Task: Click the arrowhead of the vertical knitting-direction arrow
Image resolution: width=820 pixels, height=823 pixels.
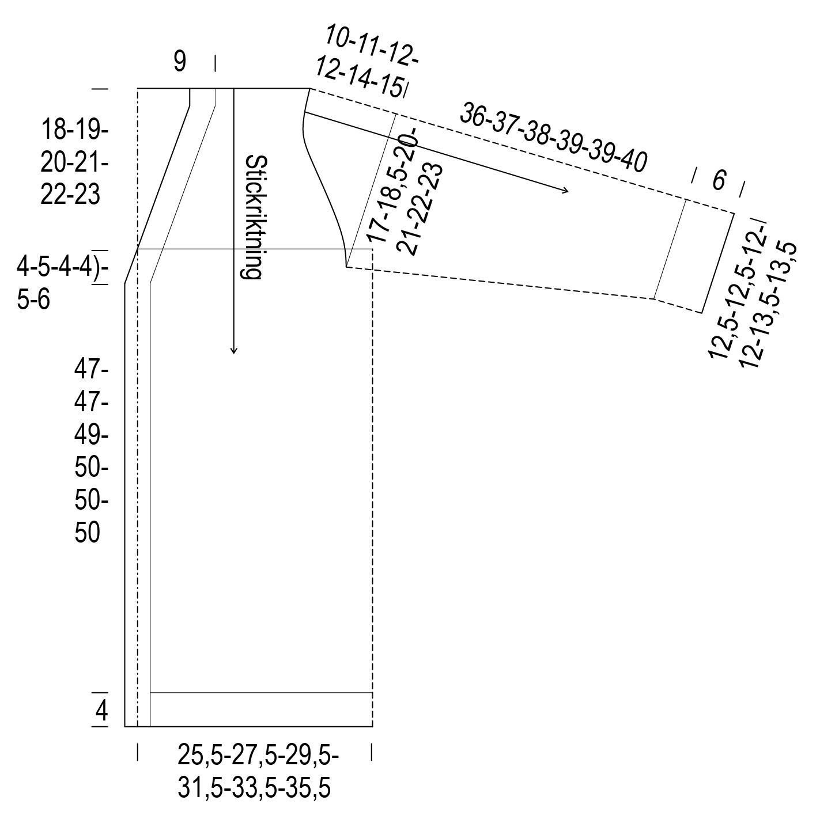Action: coord(233,350)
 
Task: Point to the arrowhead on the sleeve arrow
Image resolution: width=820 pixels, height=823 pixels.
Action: coord(565,190)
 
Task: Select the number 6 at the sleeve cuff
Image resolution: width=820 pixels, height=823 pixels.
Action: coord(719,180)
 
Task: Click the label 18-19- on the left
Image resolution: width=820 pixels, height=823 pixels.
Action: coord(74,130)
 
